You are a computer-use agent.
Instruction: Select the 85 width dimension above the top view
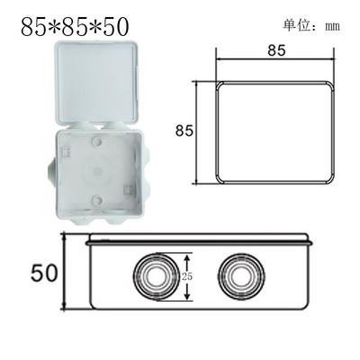pos(276,51)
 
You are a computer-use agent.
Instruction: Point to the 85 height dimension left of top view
pos(185,130)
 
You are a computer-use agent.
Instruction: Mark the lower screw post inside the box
pos(94,199)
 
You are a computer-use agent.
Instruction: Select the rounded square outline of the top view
pos(276,130)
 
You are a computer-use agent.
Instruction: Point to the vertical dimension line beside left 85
pos(198,130)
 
